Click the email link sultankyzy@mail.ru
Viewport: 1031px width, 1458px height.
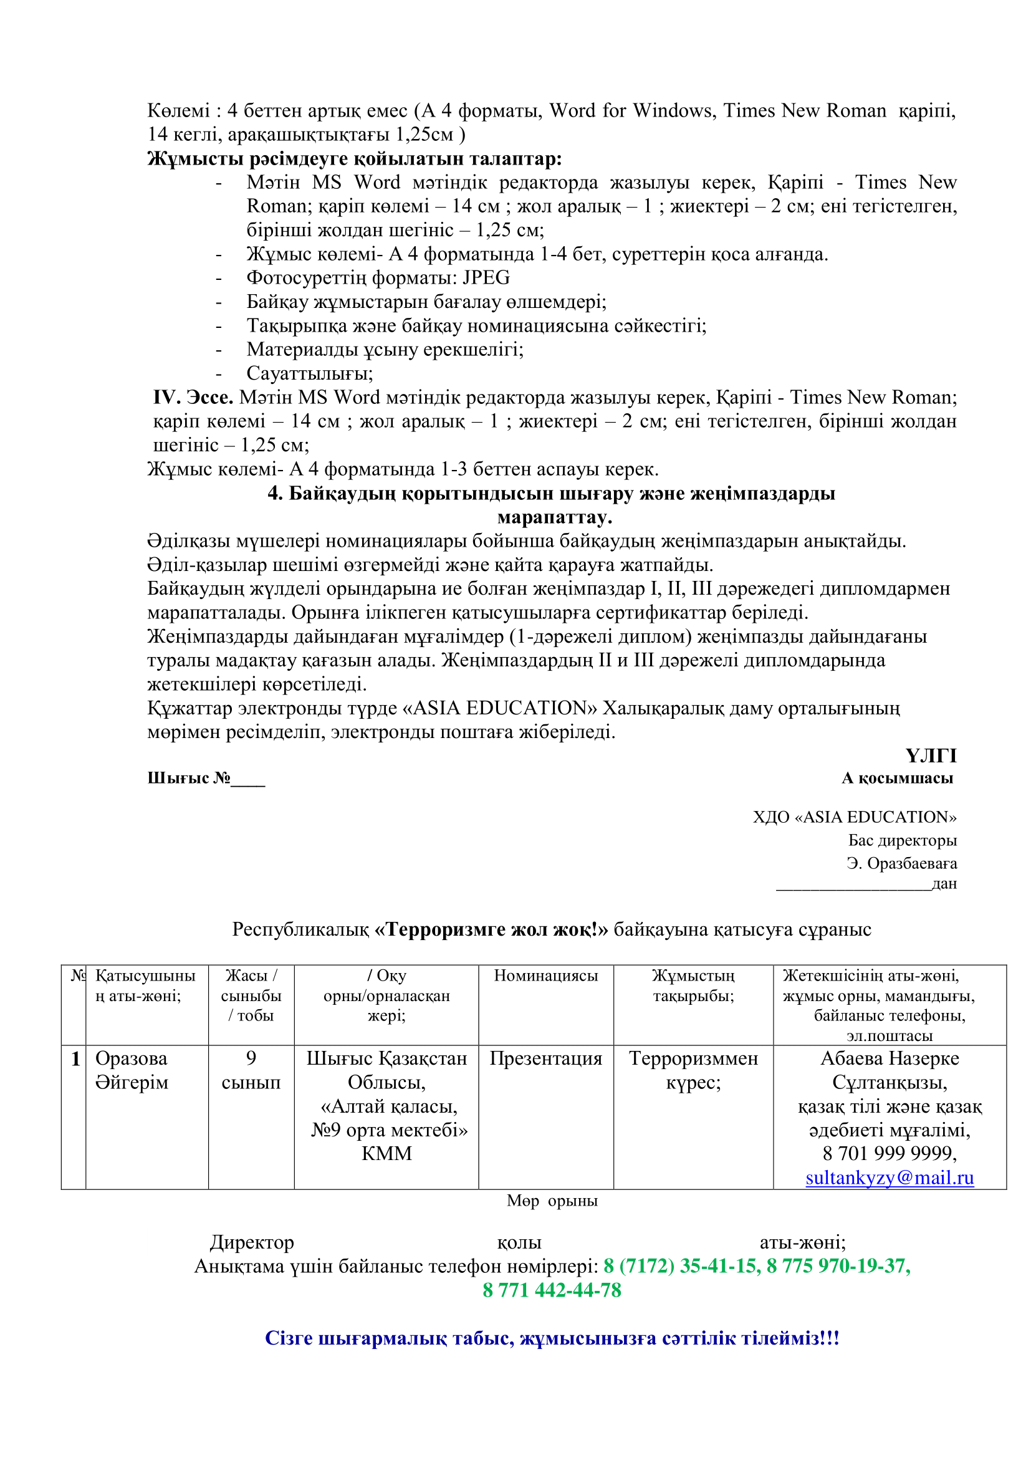click(x=889, y=1178)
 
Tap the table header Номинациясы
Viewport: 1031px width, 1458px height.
click(x=545, y=976)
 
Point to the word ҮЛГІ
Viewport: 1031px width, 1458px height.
click(x=930, y=755)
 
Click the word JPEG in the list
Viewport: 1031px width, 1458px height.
click(x=486, y=277)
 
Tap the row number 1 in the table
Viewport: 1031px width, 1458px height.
click(x=75, y=1058)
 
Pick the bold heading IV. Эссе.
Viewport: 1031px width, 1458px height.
click(x=193, y=398)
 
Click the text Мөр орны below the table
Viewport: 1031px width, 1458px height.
click(x=552, y=1201)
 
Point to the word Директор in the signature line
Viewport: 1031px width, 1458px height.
click(x=252, y=1242)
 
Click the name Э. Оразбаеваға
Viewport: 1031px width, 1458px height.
click(x=901, y=863)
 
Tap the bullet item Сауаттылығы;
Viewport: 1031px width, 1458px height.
click(x=310, y=373)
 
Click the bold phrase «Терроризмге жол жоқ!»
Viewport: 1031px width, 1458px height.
click(x=491, y=929)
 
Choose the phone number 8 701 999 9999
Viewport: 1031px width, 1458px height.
click(x=889, y=1153)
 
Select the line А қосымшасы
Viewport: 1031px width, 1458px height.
click(x=897, y=778)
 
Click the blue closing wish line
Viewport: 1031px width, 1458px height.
click(x=552, y=1338)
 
